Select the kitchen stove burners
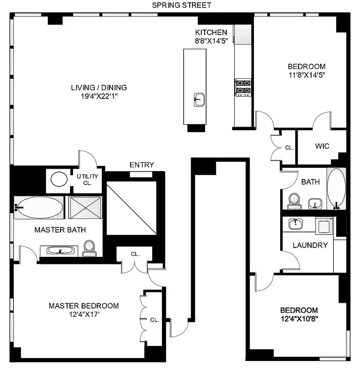243,87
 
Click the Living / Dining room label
99,87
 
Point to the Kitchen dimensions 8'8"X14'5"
211,41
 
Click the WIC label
322,146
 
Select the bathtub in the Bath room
336,188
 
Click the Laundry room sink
295,224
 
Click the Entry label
142,165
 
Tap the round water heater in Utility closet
58,179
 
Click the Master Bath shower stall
85,207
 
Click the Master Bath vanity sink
60,251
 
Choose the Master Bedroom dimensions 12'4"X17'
84,315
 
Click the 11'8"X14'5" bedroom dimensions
306,75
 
